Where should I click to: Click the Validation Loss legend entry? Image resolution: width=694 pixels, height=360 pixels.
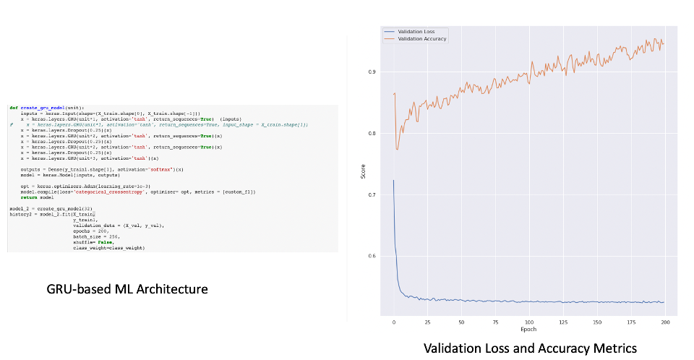click(413, 32)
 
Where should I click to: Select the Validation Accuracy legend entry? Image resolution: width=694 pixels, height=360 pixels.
click(417, 38)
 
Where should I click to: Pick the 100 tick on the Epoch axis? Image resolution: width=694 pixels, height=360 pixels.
click(529, 322)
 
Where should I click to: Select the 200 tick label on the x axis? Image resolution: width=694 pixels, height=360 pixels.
click(664, 322)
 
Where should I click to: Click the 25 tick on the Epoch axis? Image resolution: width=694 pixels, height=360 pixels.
click(427, 322)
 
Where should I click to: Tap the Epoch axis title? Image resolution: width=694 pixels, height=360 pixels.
click(528, 330)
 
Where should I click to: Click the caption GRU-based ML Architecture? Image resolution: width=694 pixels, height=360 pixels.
click(127, 289)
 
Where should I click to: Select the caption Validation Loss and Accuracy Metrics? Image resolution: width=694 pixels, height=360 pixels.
click(530, 348)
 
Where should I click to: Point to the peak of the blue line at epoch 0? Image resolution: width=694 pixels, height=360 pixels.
click(393, 180)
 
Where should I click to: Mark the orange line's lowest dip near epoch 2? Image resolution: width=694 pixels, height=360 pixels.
click(397, 150)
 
